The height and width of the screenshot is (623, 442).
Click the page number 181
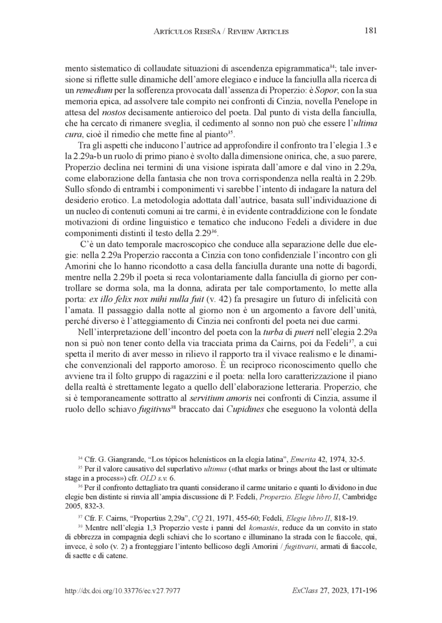pyautogui.click(x=371, y=31)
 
